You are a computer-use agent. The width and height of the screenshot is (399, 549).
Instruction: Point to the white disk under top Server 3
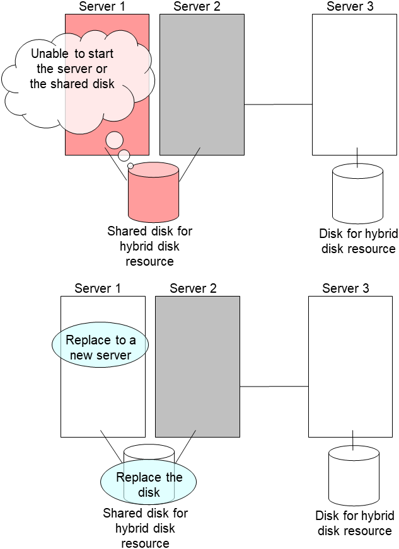pyautogui.click(x=357, y=193)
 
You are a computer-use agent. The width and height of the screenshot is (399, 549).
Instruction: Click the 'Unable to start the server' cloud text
pyautogui.click(x=72, y=69)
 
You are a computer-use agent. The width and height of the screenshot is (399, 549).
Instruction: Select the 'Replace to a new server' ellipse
pyautogui.click(x=100, y=348)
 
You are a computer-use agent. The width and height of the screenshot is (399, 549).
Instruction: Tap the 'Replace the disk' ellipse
pyautogui.click(x=149, y=484)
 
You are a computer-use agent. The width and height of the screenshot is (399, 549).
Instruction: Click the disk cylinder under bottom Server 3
pyautogui.click(x=354, y=475)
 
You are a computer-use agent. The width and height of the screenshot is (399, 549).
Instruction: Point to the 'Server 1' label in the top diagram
pyautogui.click(x=102, y=6)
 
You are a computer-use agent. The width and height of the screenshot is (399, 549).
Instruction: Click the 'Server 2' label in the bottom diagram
pyautogui.click(x=193, y=288)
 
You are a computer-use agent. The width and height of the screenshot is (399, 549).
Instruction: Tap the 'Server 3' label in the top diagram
pyautogui.click(x=350, y=6)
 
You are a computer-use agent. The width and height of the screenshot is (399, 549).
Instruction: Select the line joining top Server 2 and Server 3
pyautogui.click(x=278, y=104)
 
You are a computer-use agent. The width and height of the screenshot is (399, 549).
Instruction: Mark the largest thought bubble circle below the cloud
pyautogui.click(x=114, y=140)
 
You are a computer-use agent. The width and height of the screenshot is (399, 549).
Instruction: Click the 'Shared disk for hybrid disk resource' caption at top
pyautogui.click(x=149, y=246)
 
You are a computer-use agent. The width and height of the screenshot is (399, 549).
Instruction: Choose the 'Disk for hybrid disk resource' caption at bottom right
pyautogui.click(x=354, y=523)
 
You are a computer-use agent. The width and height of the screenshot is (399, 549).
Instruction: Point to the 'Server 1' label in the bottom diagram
pyautogui.click(x=98, y=288)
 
